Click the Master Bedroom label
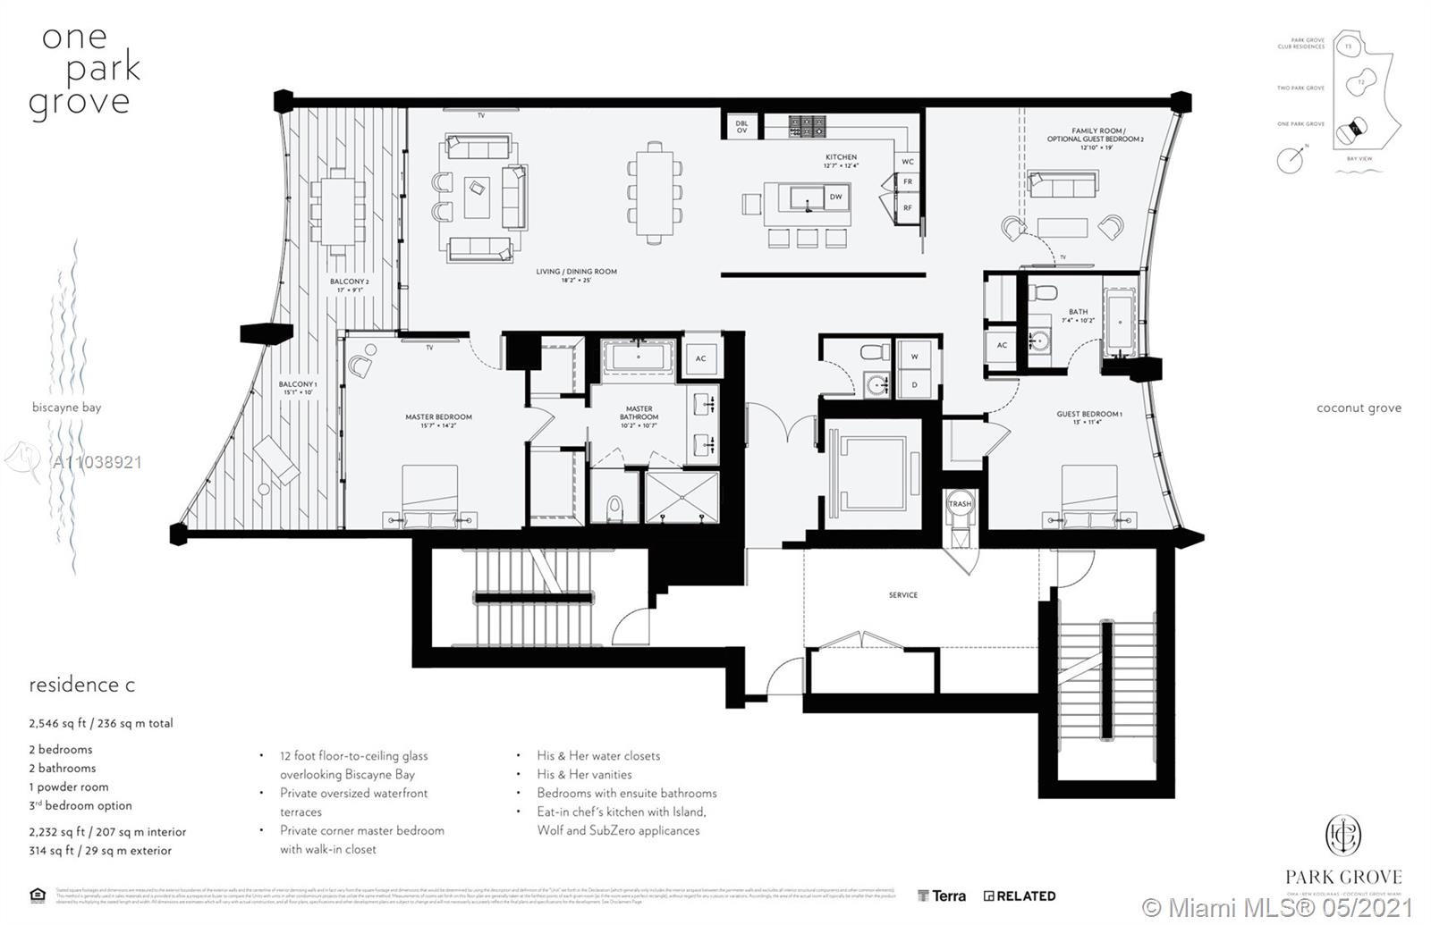[438, 421]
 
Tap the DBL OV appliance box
[741, 127]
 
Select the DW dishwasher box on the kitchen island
[835, 197]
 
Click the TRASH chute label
[960, 504]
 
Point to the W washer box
[914, 356]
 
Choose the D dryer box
[914, 384]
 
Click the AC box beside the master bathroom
[700, 358]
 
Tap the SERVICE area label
[902, 595]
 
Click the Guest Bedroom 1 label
[1088, 417]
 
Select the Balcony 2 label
[349, 285]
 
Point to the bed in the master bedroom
[429, 497]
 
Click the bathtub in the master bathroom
[638, 357]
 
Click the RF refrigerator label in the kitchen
[907, 207]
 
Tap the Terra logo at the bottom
[942, 896]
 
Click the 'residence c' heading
[82, 685]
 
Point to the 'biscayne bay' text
[66, 408]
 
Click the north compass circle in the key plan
[1290, 161]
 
